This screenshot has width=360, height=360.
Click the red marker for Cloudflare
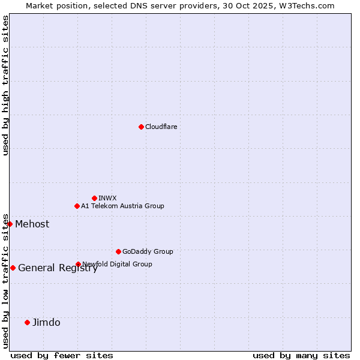click(x=141, y=127)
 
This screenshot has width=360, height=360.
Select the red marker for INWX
click(x=94, y=198)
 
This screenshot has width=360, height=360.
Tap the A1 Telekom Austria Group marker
click(x=77, y=206)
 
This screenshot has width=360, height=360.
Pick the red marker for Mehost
click(x=10, y=224)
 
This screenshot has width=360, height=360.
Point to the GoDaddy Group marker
click(x=118, y=251)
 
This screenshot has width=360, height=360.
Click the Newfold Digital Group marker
click(x=78, y=264)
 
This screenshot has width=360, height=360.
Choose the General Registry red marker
click(x=13, y=268)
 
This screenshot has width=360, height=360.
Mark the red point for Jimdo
click(x=27, y=322)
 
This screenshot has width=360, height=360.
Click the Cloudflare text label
click(x=161, y=127)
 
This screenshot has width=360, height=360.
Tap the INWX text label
click(x=107, y=198)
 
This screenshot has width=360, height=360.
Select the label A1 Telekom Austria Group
click(x=122, y=206)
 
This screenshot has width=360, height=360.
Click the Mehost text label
click(x=32, y=224)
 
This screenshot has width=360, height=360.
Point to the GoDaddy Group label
click(x=148, y=251)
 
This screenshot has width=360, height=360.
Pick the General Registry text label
click(x=58, y=268)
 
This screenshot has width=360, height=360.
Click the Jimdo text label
click(x=46, y=323)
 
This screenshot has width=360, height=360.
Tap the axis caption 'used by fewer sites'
click(x=62, y=355)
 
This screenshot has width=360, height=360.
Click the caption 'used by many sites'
click(x=301, y=355)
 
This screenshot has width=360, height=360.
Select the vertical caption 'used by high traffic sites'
click(x=5, y=85)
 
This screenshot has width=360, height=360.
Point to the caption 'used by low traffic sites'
click(x=5, y=281)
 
